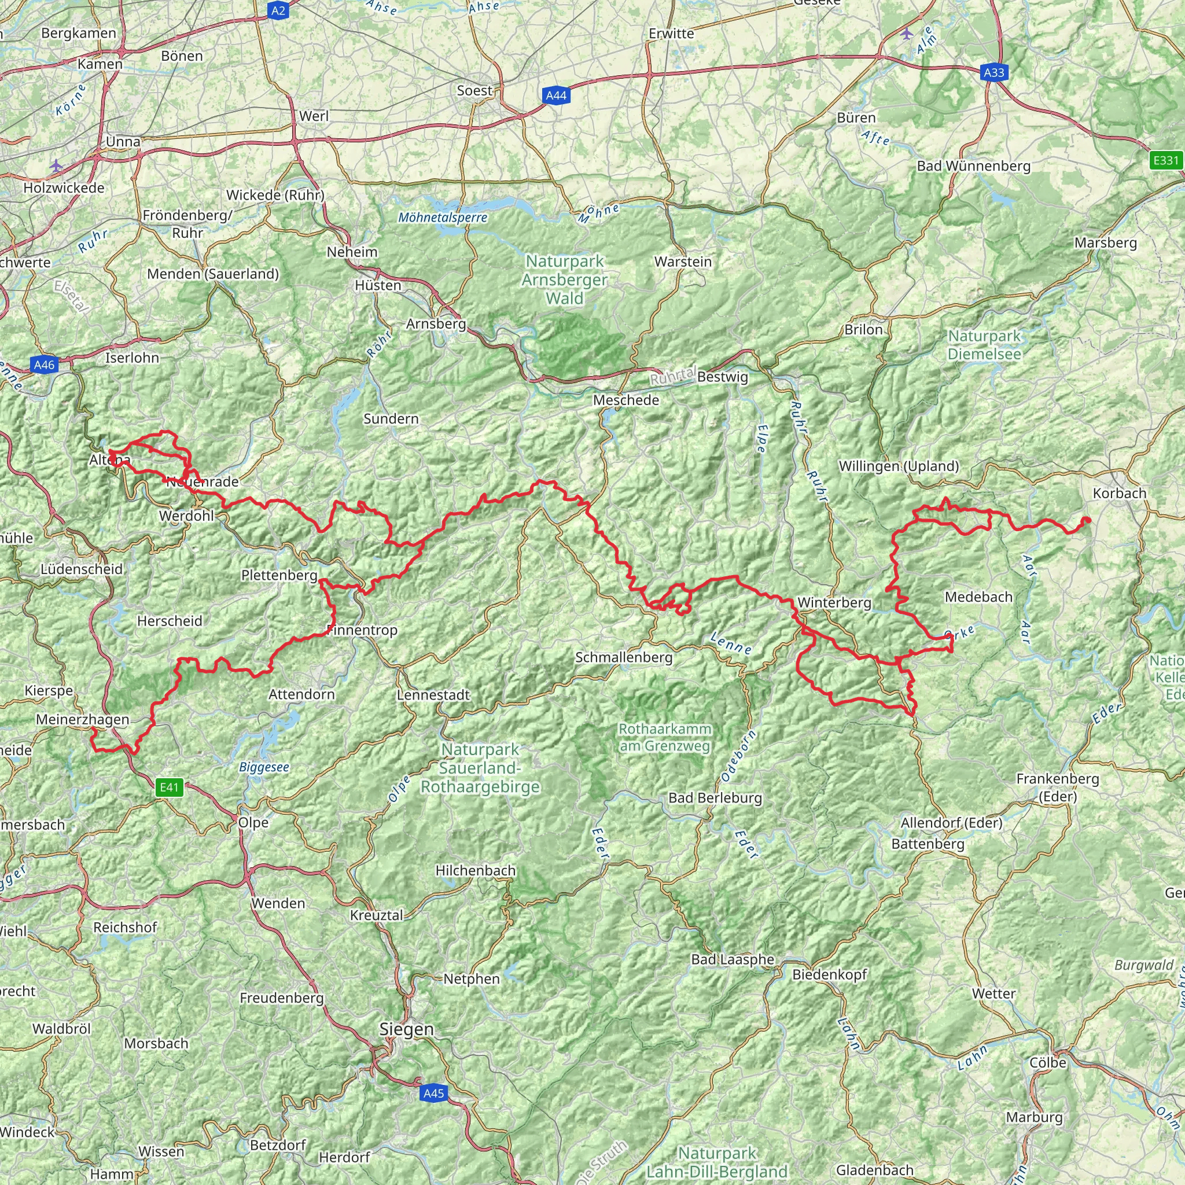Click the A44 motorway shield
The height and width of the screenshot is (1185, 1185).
[x=555, y=95]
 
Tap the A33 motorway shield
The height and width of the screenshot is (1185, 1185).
[x=993, y=72]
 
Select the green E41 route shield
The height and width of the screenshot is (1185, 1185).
[x=170, y=787]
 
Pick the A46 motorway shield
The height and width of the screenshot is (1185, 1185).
[x=44, y=365]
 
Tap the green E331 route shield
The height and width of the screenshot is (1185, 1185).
[x=1165, y=161]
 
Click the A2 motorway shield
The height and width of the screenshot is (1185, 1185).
[x=278, y=10]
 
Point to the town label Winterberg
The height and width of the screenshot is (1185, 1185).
[x=834, y=602]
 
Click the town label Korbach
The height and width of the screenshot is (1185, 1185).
[x=1120, y=493]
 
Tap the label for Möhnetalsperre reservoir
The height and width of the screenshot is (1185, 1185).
[x=443, y=217]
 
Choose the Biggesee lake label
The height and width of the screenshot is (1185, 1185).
[x=264, y=767]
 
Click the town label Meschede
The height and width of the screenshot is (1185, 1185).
[x=626, y=400]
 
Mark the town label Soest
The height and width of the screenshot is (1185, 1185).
[x=474, y=91]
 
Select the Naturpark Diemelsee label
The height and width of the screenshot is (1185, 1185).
[x=984, y=345]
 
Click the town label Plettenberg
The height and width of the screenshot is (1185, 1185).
[x=279, y=575]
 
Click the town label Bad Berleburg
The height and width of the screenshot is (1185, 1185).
[x=715, y=797]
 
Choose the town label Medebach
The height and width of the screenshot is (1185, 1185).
[x=978, y=597]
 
